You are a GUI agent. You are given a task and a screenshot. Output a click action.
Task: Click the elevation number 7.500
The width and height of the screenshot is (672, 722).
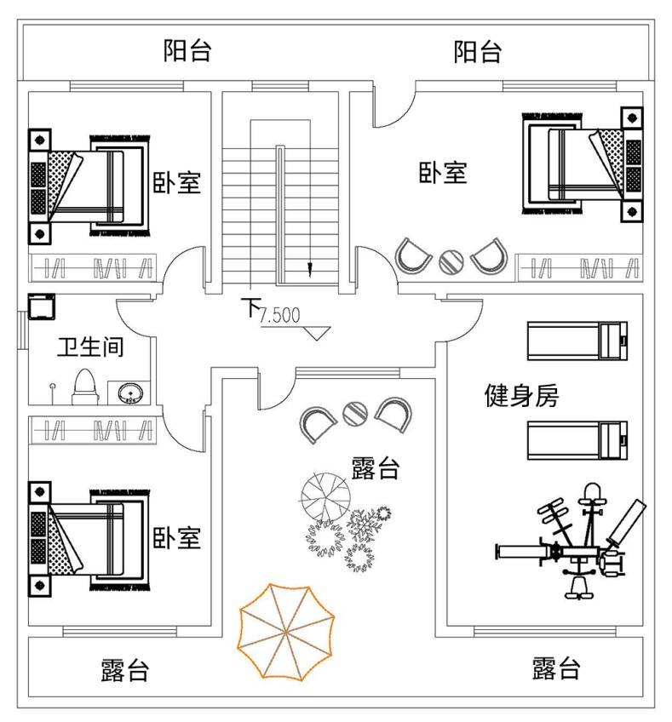tap(280, 316)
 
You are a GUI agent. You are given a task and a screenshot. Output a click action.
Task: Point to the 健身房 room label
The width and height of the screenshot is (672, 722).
tap(521, 395)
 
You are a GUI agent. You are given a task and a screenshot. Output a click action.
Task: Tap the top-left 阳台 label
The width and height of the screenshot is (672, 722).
tap(187, 51)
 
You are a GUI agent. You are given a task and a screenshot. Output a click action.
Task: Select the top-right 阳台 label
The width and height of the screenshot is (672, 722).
tap(478, 51)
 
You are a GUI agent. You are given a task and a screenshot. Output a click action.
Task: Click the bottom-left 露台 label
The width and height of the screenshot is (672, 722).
tap(124, 670)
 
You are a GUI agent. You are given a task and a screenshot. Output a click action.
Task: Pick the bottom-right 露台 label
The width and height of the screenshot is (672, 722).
tap(556, 668)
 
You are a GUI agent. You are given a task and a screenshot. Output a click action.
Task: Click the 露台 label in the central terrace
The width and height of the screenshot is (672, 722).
tap(376, 467)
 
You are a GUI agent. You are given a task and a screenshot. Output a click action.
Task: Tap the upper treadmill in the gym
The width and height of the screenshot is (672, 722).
tap(577, 340)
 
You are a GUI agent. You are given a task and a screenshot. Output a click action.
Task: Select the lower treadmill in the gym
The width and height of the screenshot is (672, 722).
tap(577, 439)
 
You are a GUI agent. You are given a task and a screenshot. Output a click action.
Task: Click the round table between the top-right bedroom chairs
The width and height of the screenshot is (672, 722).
tap(451, 260)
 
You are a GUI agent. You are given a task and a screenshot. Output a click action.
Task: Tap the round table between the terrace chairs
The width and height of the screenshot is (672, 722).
tap(354, 415)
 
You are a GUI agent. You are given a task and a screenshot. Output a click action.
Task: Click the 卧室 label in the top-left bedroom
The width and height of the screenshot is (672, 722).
tap(177, 182)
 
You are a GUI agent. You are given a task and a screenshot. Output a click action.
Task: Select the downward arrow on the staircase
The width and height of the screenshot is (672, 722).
tap(309, 269)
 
